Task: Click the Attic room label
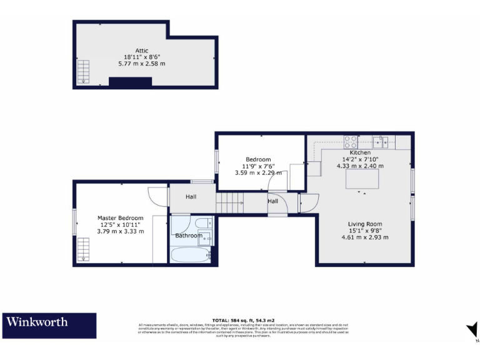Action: click(141, 51)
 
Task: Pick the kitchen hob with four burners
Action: click(351, 141)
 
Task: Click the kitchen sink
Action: click(380, 141)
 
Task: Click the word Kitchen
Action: click(360, 152)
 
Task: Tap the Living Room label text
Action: click(365, 224)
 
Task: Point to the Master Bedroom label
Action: click(121, 218)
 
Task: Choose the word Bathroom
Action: click(189, 236)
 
